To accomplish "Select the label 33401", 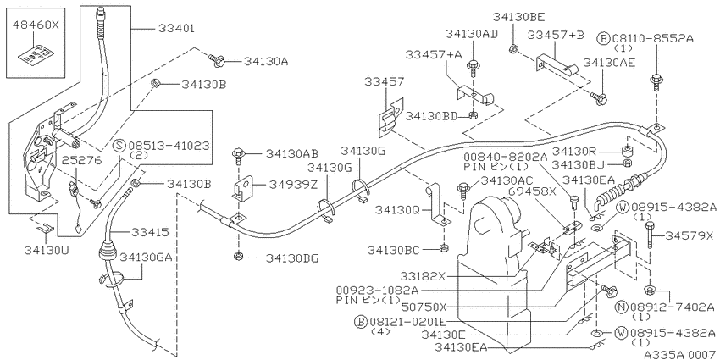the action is [x=177, y=29].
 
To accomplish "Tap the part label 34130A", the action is [x=266, y=61].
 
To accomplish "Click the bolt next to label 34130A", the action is [x=215, y=59].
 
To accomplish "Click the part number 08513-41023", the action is [x=169, y=146].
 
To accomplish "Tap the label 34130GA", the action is [x=147, y=258].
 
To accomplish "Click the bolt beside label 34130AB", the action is [x=238, y=155].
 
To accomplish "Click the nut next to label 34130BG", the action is [x=238, y=256].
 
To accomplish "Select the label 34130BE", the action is [x=519, y=18].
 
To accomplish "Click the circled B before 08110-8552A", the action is [x=603, y=38].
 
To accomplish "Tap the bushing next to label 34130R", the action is [x=624, y=151].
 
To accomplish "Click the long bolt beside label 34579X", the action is [x=650, y=235].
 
